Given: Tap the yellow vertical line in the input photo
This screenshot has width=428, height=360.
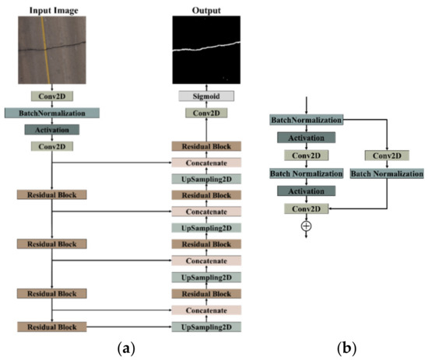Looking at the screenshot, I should [x=46, y=47].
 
